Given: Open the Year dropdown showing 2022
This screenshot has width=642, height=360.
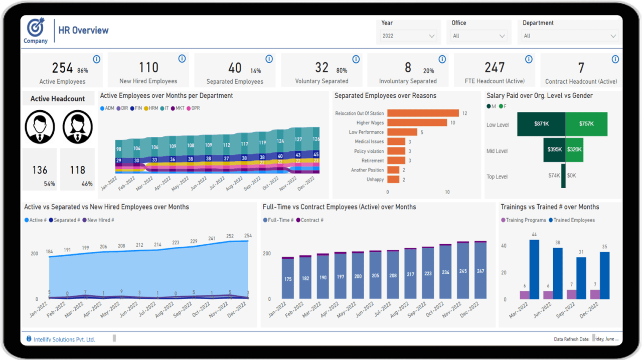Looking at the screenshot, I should [408, 36].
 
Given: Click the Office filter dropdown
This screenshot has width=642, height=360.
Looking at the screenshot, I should [479, 36].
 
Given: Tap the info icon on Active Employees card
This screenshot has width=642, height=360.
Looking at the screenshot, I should [97, 59].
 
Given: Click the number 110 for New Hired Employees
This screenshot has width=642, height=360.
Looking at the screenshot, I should [148, 68].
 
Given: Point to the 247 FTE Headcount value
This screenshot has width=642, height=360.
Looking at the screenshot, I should [495, 68].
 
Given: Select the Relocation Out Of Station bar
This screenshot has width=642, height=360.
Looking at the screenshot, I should [423, 113].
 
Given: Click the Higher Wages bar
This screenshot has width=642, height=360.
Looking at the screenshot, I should [417, 123].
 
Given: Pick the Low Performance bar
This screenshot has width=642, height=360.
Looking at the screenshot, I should [402, 132].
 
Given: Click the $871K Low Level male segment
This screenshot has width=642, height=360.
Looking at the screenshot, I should [541, 124].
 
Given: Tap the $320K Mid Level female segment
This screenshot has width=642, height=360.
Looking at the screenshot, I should [574, 149].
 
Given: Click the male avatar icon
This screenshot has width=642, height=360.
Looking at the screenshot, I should [40, 126].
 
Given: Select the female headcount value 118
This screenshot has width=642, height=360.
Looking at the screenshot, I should [77, 170].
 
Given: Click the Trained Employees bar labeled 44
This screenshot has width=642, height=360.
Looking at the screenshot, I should [534, 269].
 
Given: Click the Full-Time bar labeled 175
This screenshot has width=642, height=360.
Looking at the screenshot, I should [288, 278].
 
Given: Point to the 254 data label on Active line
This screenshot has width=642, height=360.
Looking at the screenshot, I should [248, 236].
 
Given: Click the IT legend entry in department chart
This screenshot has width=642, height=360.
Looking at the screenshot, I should [164, 108].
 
